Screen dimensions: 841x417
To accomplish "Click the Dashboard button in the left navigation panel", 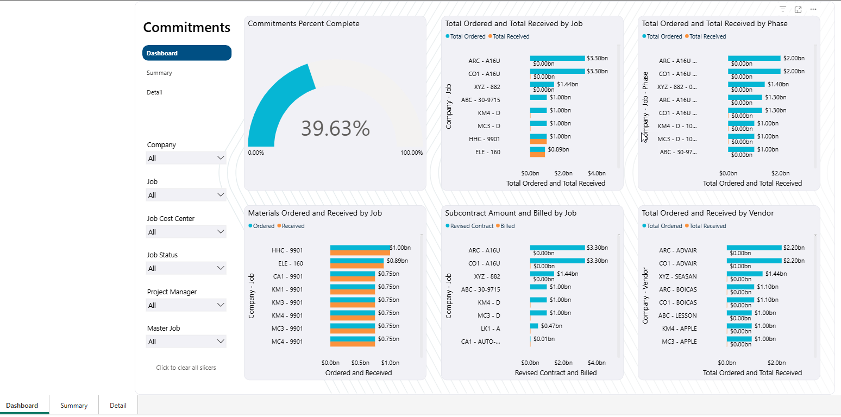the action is click(186, 53).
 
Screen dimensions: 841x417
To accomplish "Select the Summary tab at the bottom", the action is click(73, 406).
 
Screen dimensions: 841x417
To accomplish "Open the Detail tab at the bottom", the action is click(118, 406).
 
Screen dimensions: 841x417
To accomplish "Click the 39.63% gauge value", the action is click(335, 128).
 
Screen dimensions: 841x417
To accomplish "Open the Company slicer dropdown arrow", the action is click(221, 158).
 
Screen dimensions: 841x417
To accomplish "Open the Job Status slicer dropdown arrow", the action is click(221, 268).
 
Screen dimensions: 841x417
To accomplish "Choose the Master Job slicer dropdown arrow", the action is click(221, 341).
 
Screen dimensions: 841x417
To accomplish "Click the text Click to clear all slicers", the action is click(186, 368).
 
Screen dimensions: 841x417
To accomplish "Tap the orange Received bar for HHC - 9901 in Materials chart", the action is click(360, 253).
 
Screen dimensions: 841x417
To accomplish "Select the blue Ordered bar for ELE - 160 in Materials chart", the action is click(357, 261).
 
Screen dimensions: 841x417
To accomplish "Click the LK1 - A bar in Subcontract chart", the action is click(534, 326).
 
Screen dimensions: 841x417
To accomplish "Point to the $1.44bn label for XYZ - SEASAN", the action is click(776, 274).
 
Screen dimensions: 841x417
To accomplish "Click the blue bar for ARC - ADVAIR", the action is click(754, 248).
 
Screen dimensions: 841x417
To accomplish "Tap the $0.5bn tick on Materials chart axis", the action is click(360, 363).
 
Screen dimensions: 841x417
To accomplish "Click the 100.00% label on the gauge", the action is click(411, 153).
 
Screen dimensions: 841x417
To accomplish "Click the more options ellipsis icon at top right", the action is click(813, 9).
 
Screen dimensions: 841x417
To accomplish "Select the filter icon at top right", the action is click(783, 9).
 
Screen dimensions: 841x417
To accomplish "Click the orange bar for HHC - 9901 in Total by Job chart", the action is click(538, 142).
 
